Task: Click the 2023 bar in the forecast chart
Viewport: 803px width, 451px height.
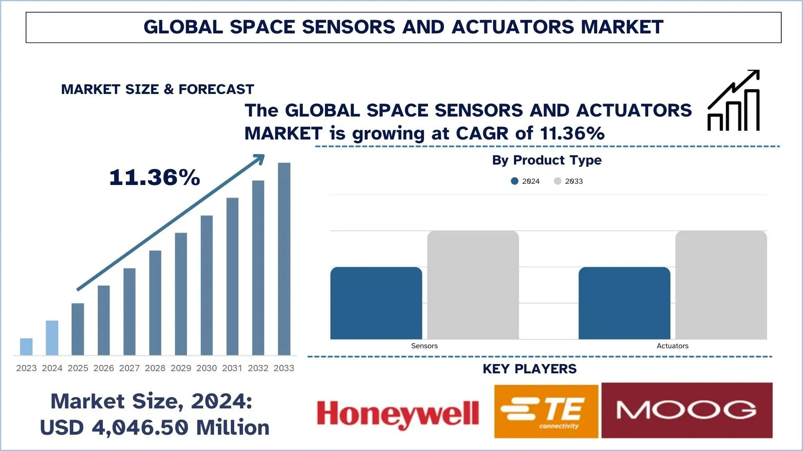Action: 26,347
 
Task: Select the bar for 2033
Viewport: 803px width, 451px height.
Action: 284,259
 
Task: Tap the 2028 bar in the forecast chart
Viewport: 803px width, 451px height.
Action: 155,303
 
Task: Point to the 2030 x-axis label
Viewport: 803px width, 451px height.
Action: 207,368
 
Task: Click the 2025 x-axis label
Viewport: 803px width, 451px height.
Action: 78,368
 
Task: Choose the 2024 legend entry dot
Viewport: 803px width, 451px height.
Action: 515,181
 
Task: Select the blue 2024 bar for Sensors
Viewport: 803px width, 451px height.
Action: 376,303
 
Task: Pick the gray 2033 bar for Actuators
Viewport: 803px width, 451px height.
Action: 721,285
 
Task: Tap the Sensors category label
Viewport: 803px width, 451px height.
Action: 424,346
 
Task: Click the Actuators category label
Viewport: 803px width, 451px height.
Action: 672,346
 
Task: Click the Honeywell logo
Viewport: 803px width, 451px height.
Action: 398,413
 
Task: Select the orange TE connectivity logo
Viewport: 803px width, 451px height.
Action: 546,411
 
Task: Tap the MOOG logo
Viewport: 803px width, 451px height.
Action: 687,410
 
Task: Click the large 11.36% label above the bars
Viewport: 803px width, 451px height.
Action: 155,177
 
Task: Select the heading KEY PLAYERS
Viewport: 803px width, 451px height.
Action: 529,369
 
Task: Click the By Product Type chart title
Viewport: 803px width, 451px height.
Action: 547,160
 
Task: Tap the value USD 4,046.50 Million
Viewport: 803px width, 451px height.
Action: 155,427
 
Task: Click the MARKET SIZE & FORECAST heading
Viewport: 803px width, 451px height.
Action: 158,89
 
